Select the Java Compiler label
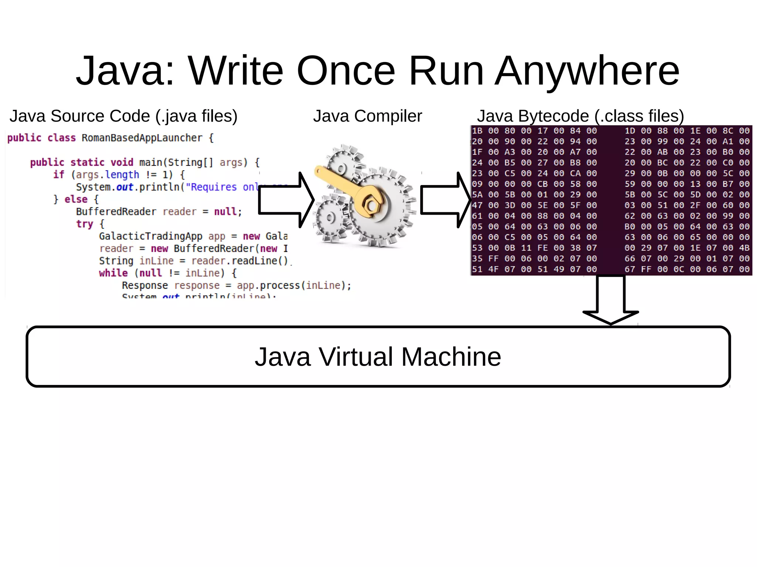coord(367,116)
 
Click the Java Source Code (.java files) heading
coord(123,116)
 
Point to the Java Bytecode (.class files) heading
coord(580,116)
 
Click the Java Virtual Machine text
coord(378,357)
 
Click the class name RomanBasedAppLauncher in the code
coord(142,138)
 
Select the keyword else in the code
coord(76,199)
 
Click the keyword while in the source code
coord(113,273)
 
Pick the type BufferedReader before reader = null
coord(116,212)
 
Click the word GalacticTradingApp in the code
coord(150,236)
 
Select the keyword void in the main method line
coord(122,163)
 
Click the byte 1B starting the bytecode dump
coord(477,131)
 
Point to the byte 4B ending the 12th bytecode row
coord(744,248)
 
